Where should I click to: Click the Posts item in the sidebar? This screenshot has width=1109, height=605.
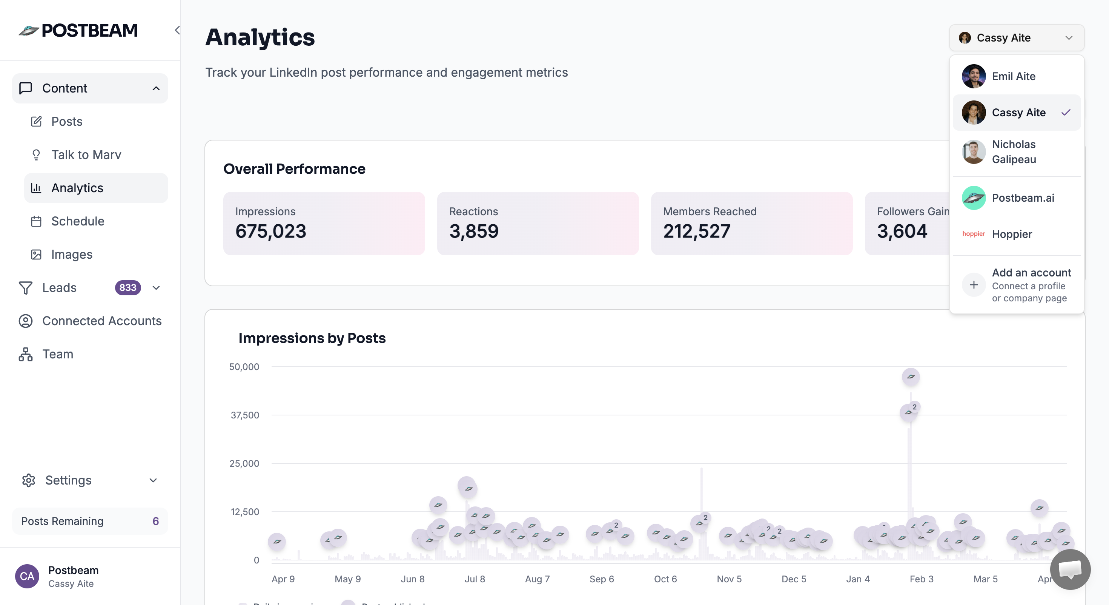[67, 122]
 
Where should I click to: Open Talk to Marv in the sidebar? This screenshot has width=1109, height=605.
[86, 155]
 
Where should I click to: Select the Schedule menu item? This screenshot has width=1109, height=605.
[77, 221]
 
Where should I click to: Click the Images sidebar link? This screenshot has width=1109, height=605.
[71, 254]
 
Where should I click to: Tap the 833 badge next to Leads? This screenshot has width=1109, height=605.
[127, 287]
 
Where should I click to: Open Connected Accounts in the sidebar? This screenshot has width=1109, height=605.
[101, 321]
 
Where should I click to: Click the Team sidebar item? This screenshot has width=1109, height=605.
[58, 354]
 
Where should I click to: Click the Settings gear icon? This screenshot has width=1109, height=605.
[28, 480]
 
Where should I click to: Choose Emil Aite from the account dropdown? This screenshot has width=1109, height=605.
[1014, 76]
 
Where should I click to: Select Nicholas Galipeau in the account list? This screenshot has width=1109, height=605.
[1014, 152]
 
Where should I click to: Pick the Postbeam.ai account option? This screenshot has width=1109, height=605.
[1023, 198]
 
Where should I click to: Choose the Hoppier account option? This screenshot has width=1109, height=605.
[1012, 234]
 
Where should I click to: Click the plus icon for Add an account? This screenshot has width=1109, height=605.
[973, 285]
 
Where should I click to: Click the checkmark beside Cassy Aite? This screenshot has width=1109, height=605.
[1066, 113]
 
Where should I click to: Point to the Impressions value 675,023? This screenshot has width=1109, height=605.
[270, 232]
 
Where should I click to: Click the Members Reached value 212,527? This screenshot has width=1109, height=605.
[696, 232]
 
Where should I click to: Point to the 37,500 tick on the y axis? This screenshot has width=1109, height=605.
[244, 415]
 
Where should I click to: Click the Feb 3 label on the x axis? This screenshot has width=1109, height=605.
[921, 579]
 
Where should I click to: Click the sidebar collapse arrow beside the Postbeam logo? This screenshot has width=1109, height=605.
[177, 30]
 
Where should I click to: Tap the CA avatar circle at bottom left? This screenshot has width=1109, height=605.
[27, 576]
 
